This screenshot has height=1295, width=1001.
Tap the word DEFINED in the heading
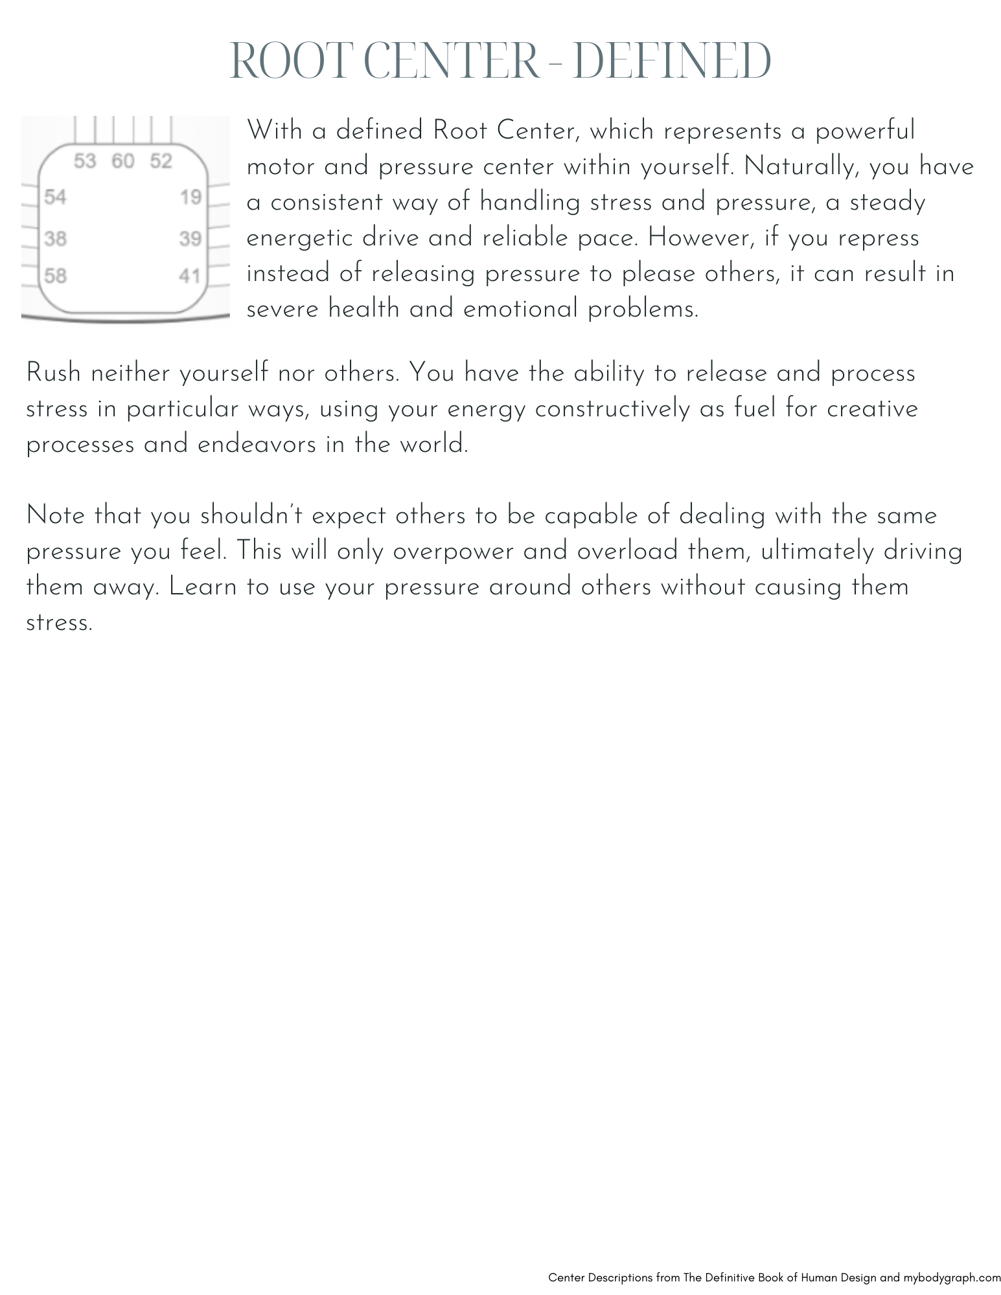click(x=673, y=62)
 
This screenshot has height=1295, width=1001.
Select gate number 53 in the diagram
click(x=85, y=161)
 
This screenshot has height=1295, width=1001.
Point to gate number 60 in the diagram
click(x=122, y=161)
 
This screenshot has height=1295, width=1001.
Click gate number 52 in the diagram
click(x=161, y=161)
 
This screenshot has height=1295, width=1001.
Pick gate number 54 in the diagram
click(x=55, y=197)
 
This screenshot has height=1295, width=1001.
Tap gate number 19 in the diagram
click(x=191, y=197)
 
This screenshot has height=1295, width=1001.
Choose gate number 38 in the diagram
click(x=55, y=240)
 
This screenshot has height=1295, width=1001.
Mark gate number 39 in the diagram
click(x=190, y=240)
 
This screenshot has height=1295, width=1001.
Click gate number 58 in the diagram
click(x=55, y=276)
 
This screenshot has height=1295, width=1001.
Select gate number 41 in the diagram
click(x=190, y=276)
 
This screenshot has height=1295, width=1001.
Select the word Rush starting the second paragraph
click(x=53, y=374)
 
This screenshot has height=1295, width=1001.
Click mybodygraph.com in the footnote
click(x=952, y=1278)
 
